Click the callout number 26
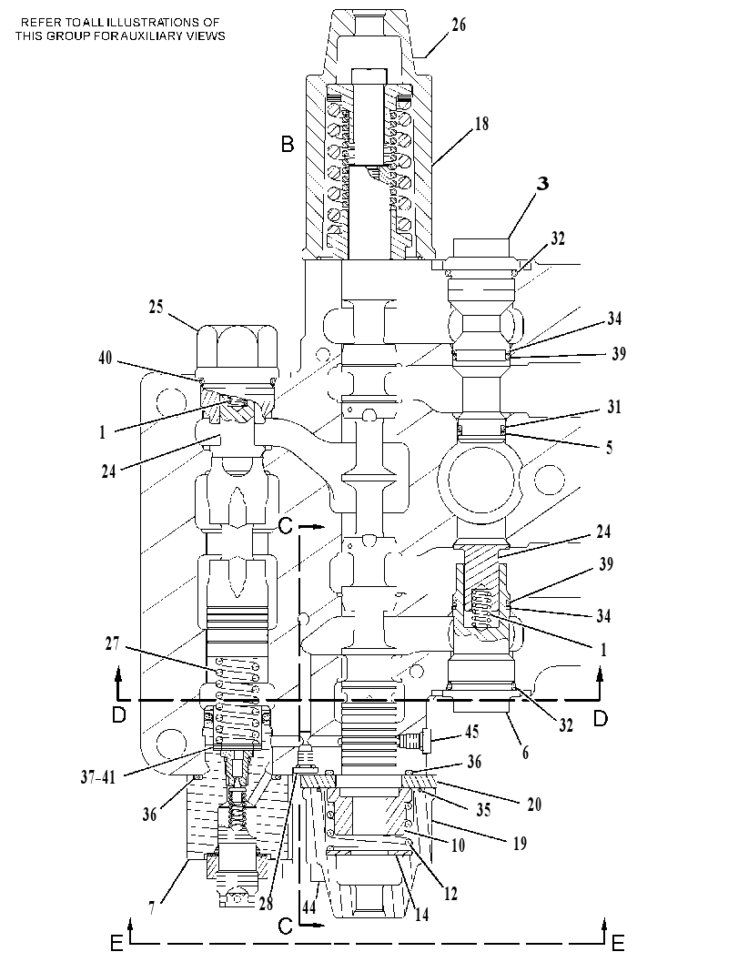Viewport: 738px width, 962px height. point(459,25)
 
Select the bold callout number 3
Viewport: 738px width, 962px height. point(542,184)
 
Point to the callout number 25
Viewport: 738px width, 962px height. point(157,306)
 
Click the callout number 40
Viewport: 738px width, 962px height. point(106,357)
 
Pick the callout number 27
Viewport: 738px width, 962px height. point(112,643)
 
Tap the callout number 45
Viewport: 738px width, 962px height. point(471,732)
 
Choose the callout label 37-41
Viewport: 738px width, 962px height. point(98,777)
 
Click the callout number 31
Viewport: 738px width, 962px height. point(614,406)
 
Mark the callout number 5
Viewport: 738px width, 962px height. point(609,447)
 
